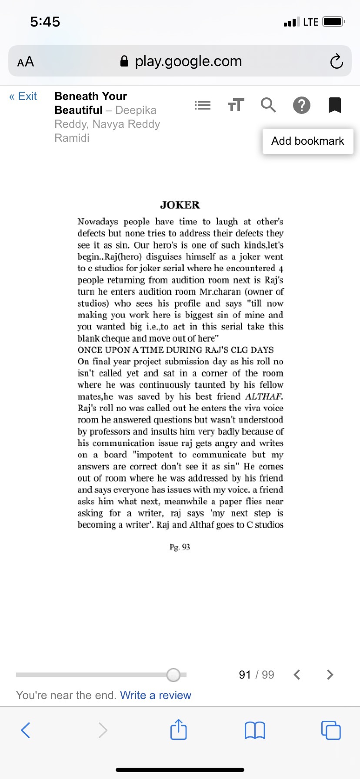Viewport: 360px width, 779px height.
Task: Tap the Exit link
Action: pos(23,96)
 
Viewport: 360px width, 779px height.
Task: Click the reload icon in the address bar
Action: pos(336,61)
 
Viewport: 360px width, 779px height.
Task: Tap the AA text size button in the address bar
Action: pos(26,62)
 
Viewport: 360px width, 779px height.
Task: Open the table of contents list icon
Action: pos(203,105)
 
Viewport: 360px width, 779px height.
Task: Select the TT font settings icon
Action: pos(236,105)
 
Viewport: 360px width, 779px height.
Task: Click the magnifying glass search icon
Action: pos(268,105)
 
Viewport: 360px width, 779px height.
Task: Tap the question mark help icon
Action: pos(302,105)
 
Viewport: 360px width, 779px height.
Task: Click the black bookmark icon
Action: pos(334,105)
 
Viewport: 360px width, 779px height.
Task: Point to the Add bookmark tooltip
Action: pos(307,141)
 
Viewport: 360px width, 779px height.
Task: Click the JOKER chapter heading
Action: pos(180,205)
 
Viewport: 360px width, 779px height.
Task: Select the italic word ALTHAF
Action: pos(264,396)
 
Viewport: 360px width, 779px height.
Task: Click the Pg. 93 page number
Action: pos(180,547)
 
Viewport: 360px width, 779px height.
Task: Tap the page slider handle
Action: pos(173,675)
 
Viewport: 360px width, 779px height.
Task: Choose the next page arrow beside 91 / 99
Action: pos(330,675)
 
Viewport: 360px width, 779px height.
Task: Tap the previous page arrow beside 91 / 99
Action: pos(297,675)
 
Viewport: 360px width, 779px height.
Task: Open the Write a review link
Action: pos(156,695)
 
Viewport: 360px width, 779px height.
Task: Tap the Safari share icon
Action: pos(179,730)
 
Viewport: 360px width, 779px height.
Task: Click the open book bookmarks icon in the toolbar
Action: pos(255,730)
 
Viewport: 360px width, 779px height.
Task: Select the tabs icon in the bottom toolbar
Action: pos(331,730)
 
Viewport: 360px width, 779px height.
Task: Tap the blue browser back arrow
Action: pos(26,730)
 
